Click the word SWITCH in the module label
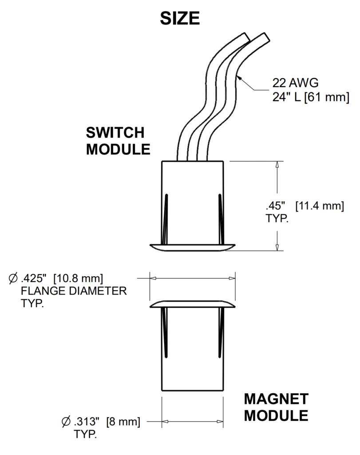point(115,133)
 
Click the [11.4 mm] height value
point(320,206)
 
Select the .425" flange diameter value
point(34,279)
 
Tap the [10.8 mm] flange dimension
point(79,279)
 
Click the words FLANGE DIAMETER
point(74,291)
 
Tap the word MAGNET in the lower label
point(276,399)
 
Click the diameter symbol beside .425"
point(13,279)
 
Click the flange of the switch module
point(192,247)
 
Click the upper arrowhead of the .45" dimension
point(277,164)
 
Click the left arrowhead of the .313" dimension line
point(165,421)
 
